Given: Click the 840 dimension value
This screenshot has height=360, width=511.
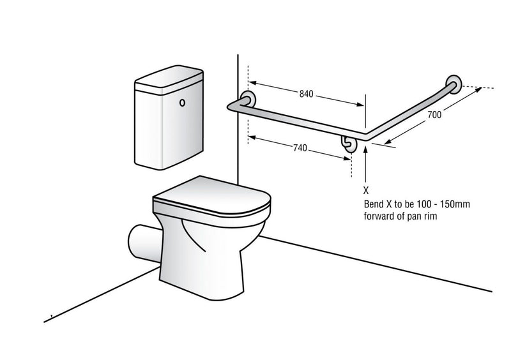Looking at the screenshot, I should pyautogui.click(x=306, y=94).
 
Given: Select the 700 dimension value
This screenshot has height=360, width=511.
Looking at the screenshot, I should pyautogui.click(x=436, y=115).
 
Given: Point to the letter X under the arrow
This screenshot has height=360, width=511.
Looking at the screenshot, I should pyautogui.click(x=365, y=190).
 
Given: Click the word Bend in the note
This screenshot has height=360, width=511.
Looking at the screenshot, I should pyautogui.click(x=373, y=205).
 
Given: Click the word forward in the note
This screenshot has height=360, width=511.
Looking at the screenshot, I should pyautogui.click(x=378, y=217).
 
